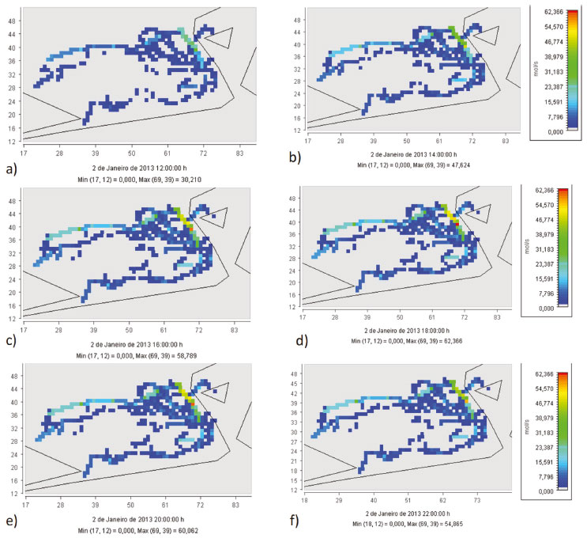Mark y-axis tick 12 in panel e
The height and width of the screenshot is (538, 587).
[15, 493]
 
